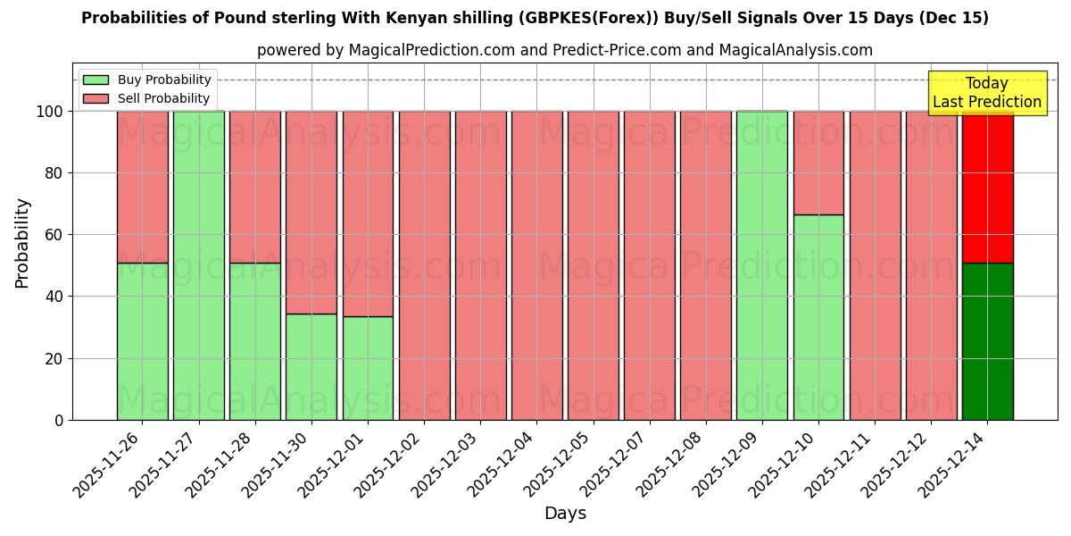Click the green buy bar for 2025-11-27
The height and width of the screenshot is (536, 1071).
[198, 265]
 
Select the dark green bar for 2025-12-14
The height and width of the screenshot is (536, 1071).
[987, 341]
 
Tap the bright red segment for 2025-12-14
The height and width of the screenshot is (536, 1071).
[987, 187]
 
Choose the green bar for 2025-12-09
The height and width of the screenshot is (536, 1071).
[762, 265]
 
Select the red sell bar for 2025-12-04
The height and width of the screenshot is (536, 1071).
[536, 265]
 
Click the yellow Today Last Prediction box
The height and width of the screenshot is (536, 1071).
[986, 93]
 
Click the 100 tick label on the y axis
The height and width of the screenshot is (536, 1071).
[50, 112]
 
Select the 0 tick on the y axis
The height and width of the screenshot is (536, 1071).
[59, 420]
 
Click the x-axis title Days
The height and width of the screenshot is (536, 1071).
[565, 514]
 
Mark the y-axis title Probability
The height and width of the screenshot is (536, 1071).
[22, 242]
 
